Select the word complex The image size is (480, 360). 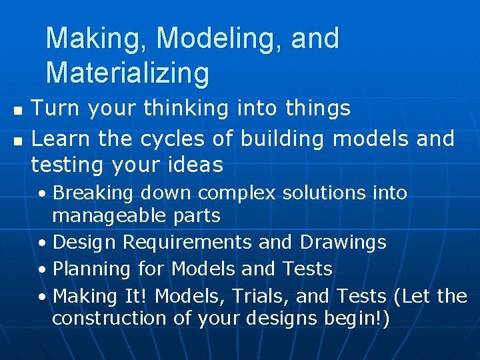tap(238, 193)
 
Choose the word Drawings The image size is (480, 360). tap(343, 242)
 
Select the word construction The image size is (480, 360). tap(109, 318)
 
